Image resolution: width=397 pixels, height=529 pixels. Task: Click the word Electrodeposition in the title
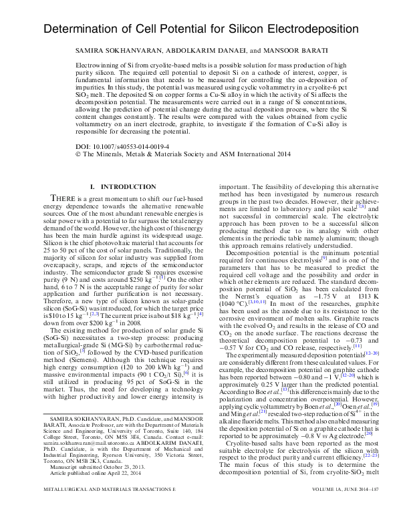(297, 30)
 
